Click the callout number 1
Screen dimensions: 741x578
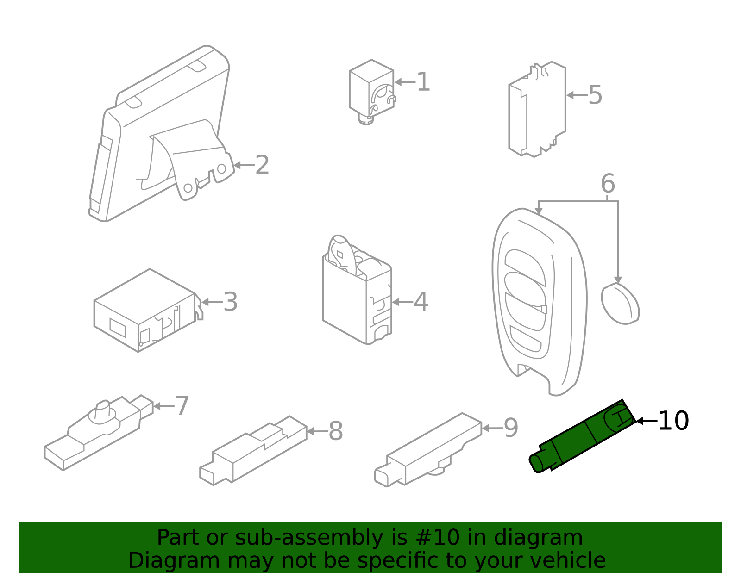[423, 82]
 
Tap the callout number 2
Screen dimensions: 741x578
[262, 165]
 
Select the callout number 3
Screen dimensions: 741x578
[231, 302]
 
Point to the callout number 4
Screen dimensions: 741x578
[421, 302]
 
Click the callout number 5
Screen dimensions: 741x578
[596, 95]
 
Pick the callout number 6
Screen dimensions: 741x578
[608, 184]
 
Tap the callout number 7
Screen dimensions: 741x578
[182, 406]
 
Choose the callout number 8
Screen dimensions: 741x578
[336, 431]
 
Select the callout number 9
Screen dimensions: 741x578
[511, 428]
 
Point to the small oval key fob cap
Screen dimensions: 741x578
[620, 304]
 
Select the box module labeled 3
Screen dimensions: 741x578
[148, 311]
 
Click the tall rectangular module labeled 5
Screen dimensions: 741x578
[537, 109]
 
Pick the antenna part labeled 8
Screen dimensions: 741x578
[253, 450]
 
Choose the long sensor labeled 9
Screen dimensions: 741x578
[428, 450]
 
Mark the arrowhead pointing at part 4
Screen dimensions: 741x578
[396, 302]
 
